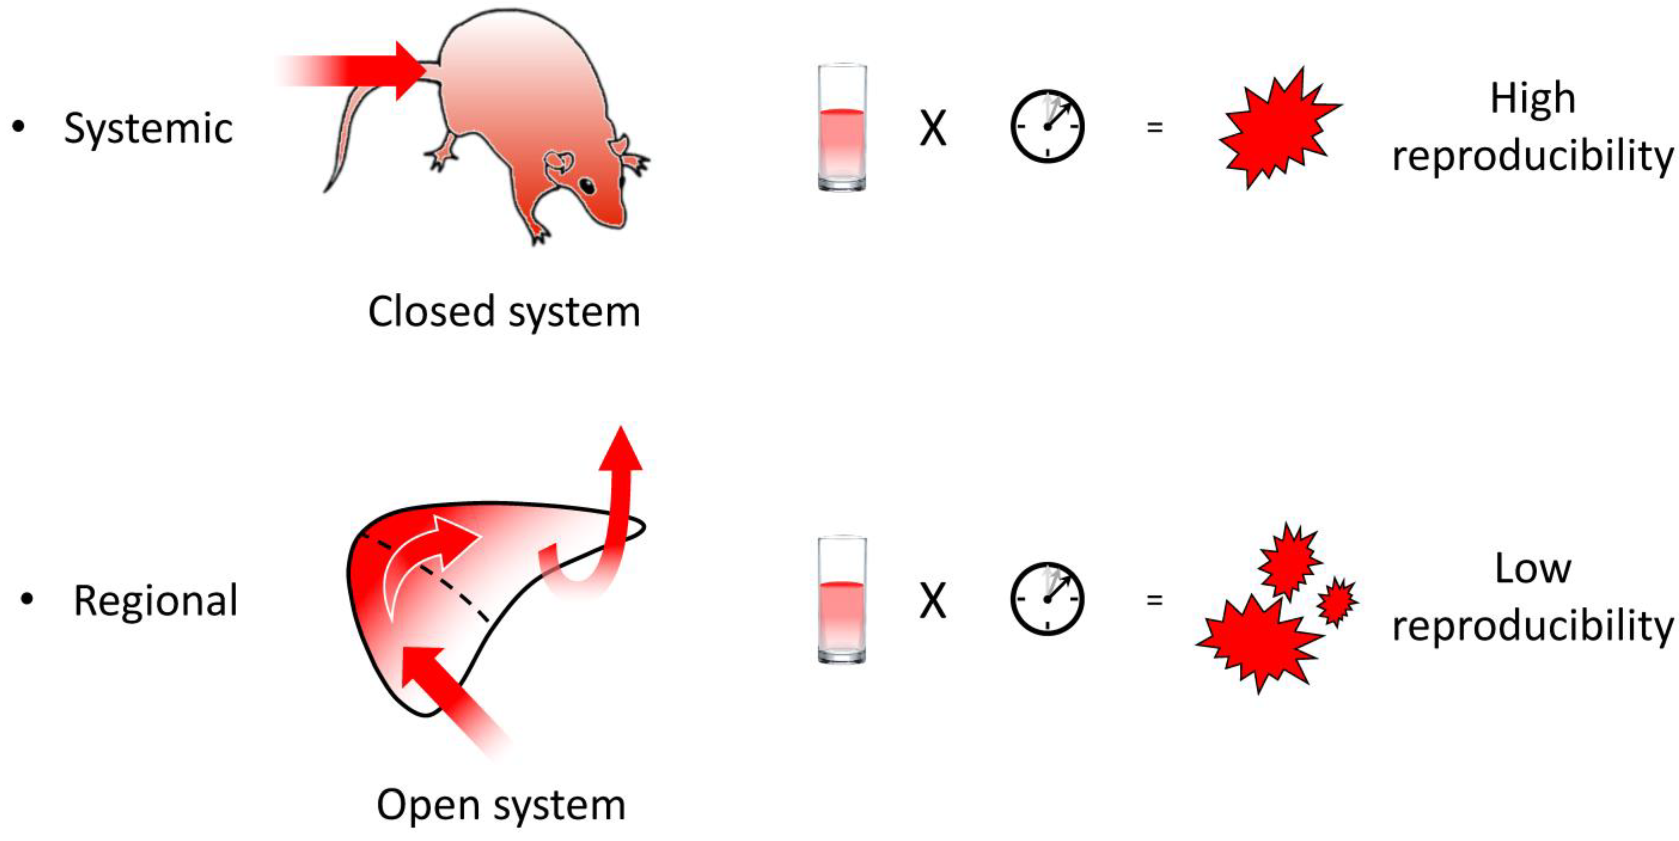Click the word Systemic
tap(148, 129)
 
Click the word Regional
tap(156, 600)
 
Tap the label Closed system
tap(504, 312)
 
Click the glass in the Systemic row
tap(842, 127)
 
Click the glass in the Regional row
tap(842, 600)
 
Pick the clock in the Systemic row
tap(1047, 126)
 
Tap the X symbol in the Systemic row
tap(933, 129)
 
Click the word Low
tap(1533, 569)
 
